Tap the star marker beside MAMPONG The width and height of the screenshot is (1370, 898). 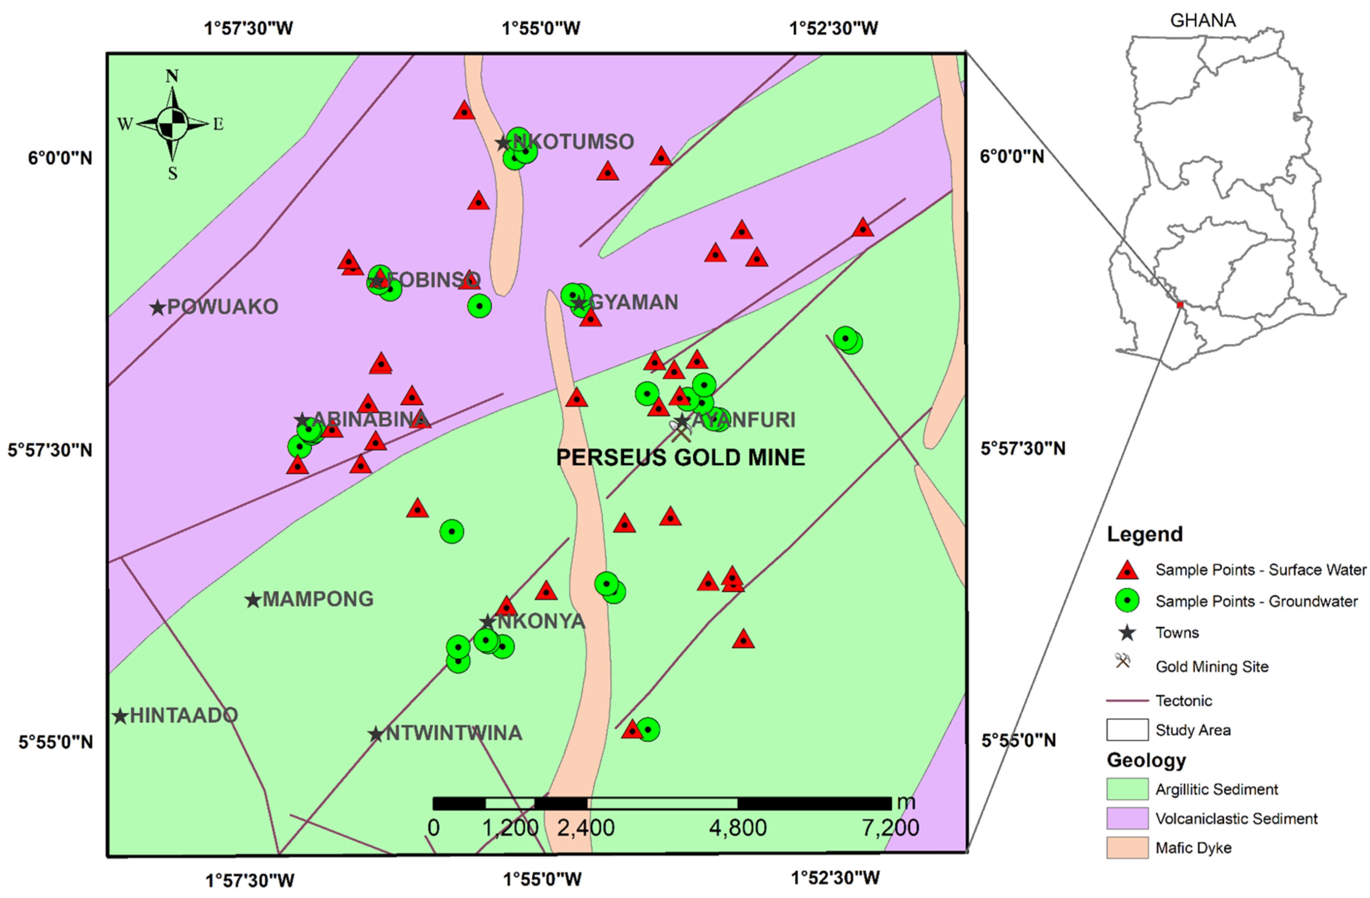coord(253,600)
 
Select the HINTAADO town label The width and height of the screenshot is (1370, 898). coord(184,715)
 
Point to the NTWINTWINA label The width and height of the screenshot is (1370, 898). coord(454,733)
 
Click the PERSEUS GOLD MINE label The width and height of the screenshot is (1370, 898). coord(681,457)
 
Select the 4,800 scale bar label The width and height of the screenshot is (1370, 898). coord(737,828)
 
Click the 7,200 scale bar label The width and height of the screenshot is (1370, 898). coord(890,828)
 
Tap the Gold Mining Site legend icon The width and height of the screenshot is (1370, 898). coord(1122,661)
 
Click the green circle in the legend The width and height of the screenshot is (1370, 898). coord(1127,601)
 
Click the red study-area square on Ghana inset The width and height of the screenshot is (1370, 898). coord(1180,305)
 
